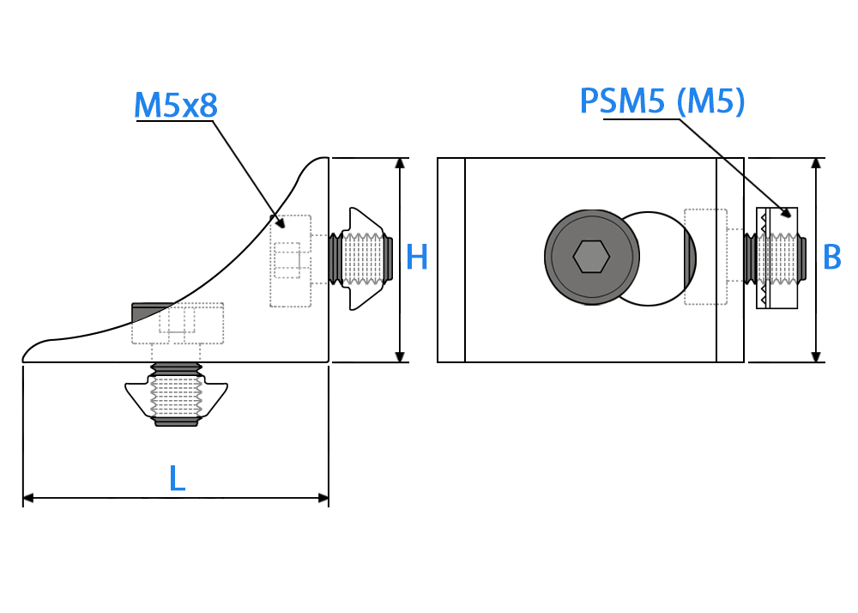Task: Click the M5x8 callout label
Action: (x=176, y=105)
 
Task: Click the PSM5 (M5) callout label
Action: (x=662, y=101)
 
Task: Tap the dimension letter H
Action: (x=416, y=258)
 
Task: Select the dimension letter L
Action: (x=177, y=478)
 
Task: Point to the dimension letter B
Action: (x=831, y=258)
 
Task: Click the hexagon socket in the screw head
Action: (x=591, y=256)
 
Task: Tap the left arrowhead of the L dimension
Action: (x=28, y=498)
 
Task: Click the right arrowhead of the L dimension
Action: (x=323, y=498)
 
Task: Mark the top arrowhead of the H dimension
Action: (x=400, y=163)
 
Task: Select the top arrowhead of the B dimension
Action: (x=816, y=163)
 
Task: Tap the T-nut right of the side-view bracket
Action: (x=362, y=258)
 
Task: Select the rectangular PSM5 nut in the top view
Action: (x=777, y=258)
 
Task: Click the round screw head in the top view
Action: (x=591, y=257)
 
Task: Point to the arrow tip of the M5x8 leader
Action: (x=283, y=227)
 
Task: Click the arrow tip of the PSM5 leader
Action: (x=790, y=216)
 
